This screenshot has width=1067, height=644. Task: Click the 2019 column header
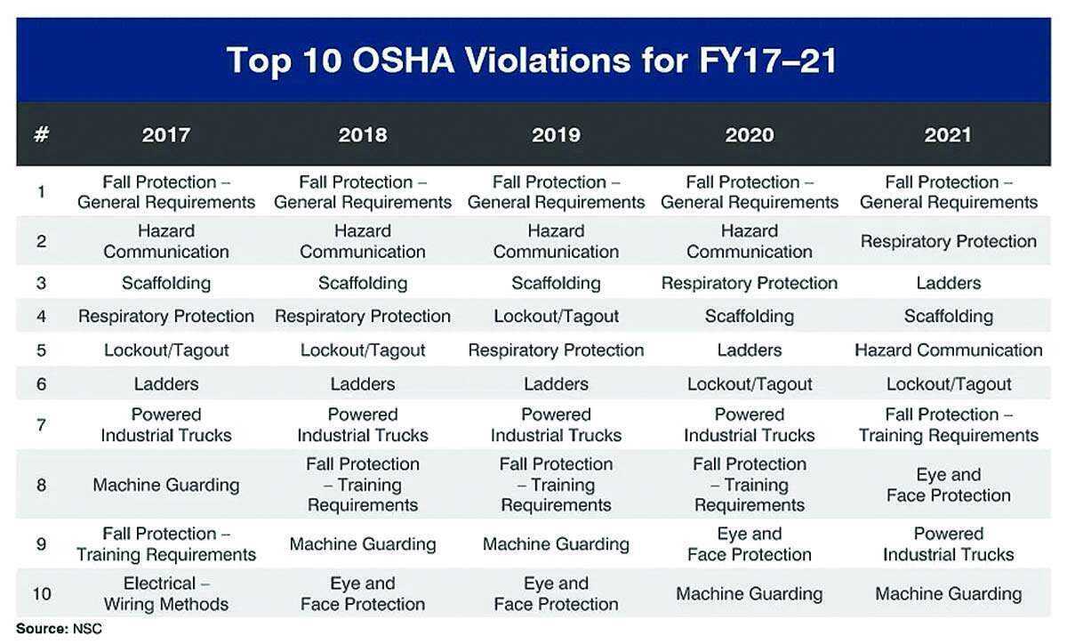point(556,135)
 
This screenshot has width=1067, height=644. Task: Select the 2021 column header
point(948,135)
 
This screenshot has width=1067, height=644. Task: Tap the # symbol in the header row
point(41,135)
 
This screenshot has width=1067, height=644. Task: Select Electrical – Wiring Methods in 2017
point(166,593)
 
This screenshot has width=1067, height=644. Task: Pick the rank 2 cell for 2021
point(948,241)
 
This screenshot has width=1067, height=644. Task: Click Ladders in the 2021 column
point(948,283)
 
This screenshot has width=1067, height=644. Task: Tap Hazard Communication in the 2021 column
point(948,350)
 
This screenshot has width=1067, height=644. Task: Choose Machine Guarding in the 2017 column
point(166,485)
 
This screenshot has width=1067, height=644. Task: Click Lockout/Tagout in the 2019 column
point(556,316)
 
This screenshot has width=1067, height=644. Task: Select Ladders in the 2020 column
point(750,350)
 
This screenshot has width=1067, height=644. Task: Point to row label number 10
point(41,593)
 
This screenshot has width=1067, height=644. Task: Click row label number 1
point(41,191)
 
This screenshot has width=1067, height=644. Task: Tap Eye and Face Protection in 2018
point(363,593)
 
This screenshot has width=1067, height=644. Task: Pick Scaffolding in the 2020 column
point(750,316)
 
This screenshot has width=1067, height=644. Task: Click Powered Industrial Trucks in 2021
point(948,543)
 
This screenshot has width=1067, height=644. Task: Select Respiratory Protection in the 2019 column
point(556,350)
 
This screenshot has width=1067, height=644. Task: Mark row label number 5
point(41,350)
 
